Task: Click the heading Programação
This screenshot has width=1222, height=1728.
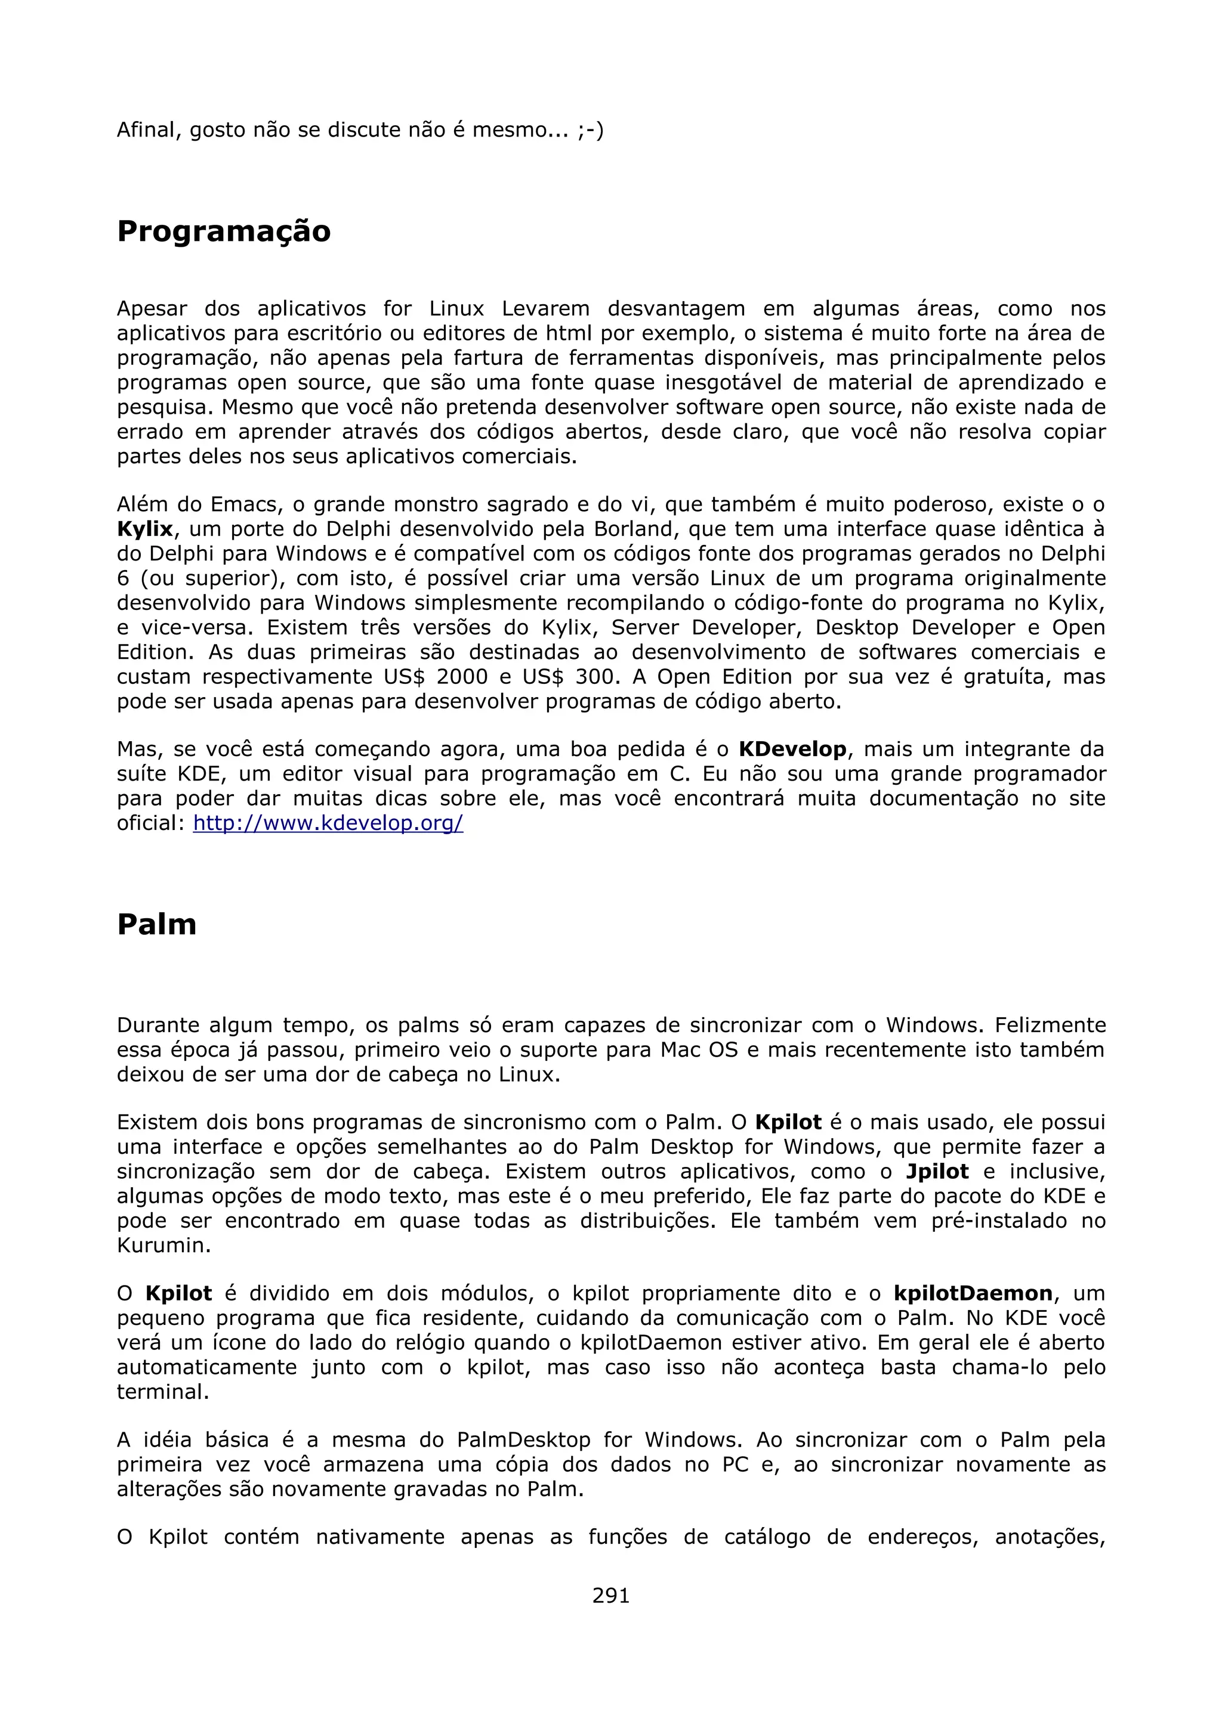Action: pos(224,231)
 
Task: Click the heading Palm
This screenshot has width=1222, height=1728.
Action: pos(156,924)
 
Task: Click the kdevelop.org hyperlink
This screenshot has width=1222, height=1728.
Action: pos(328,823)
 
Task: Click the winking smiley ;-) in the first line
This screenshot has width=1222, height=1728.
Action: pos(590,130)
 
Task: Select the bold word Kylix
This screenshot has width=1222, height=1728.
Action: pos(144,529)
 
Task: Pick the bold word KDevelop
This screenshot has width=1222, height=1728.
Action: pos(792,750)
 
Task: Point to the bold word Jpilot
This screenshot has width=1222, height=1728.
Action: pos(937,1172)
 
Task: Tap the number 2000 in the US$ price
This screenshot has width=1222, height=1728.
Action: pos(462,677)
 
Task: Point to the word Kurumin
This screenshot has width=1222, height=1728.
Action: pos(163,1246)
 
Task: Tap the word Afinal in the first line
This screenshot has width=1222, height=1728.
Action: pos(149,130)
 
